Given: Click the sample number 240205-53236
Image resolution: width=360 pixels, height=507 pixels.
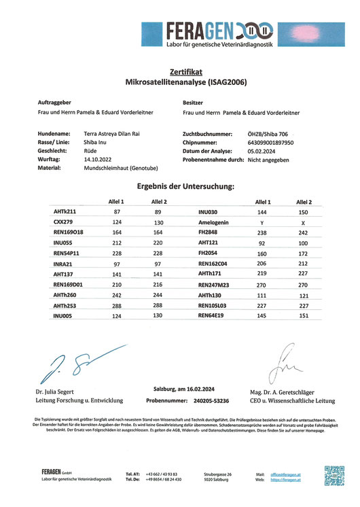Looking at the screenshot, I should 208,402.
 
